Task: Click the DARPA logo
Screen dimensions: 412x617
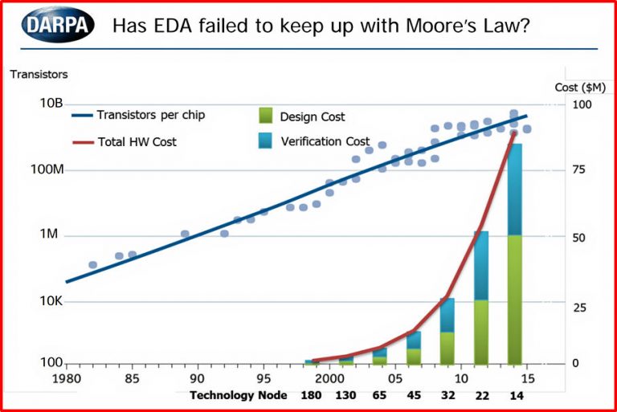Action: pos(58,24)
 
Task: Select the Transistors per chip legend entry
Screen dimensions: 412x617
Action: pos(151,115)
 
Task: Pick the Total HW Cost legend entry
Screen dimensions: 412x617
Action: pos(137,141)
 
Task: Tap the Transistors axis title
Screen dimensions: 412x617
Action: pos(39,75)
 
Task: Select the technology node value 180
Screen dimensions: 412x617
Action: pos(311,395)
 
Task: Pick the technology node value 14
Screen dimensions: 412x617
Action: pos(515,395)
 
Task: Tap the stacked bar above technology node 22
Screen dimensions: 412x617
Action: pos(481,297)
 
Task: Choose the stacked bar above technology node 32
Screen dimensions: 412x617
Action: pos(447,330)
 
